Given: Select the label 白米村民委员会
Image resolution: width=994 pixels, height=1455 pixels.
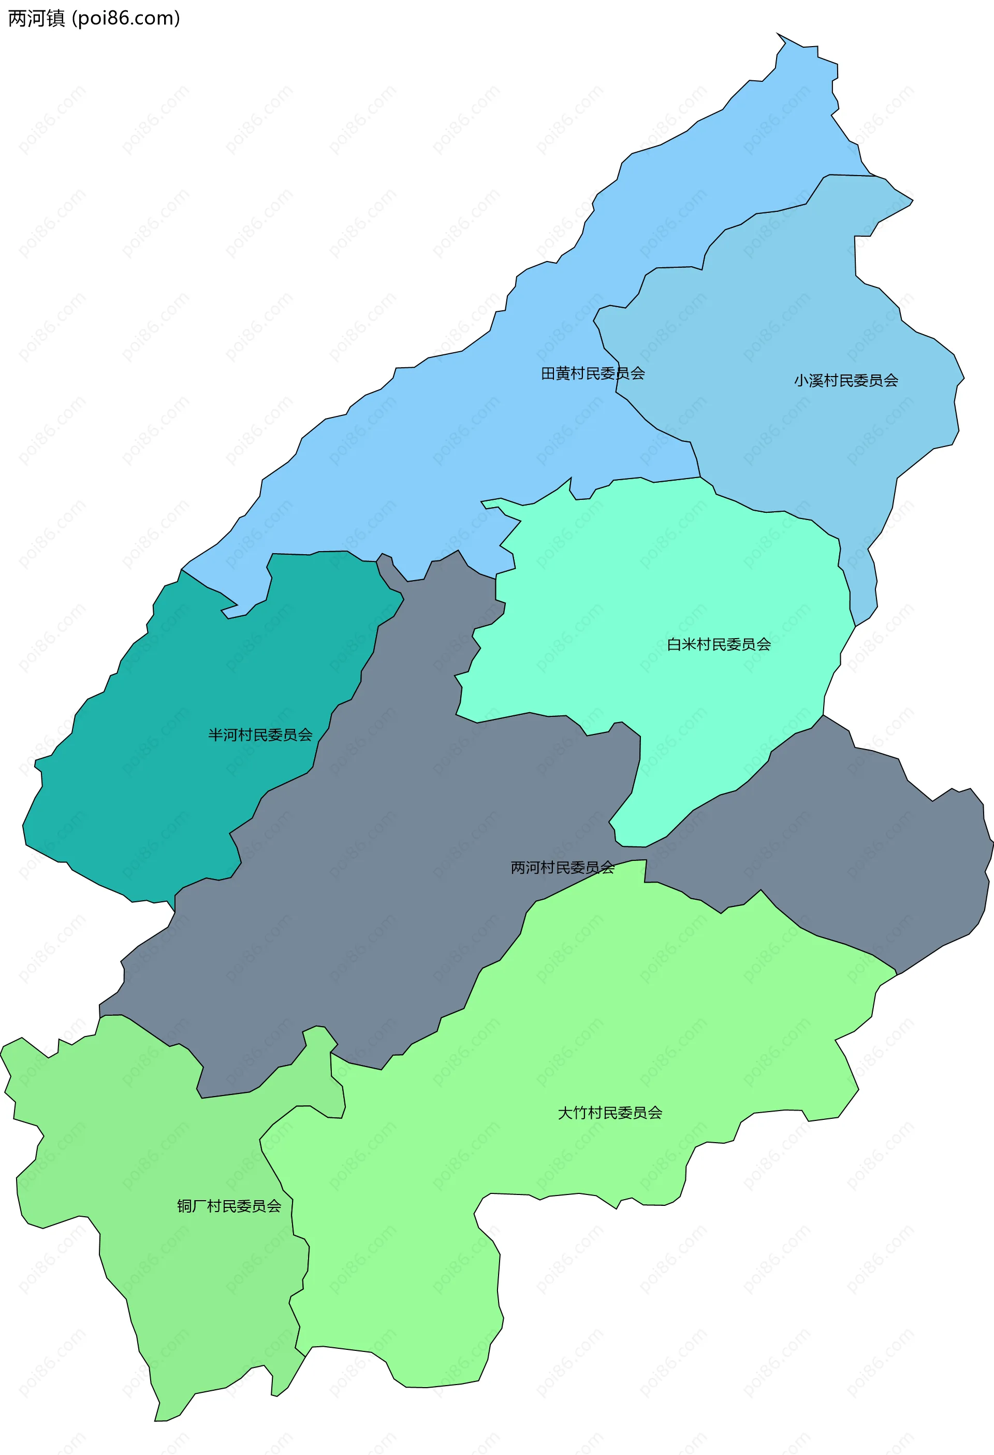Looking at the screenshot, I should click(x=719, y=645).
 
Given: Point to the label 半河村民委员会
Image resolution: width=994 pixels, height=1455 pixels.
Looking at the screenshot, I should click(x=260, y=735).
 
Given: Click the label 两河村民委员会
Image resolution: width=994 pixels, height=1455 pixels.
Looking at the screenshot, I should click(x=562, y=868).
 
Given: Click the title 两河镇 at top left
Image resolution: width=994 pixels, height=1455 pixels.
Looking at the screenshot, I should click(x=36, y=18).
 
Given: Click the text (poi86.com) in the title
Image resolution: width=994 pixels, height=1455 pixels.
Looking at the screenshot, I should click(x=126, y=18).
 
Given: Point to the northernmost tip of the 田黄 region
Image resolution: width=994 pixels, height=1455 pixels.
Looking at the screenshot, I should click(x=778, y=34).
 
